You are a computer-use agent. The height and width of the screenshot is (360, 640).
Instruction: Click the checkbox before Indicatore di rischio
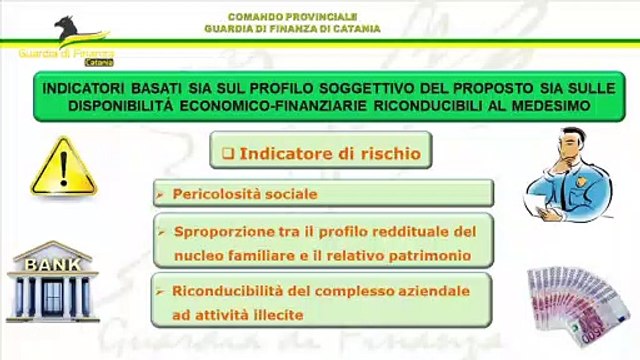pyautogui.click(x=226, y=154)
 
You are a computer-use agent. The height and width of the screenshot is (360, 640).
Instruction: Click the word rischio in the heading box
pyautogui.click(x=377, y=154)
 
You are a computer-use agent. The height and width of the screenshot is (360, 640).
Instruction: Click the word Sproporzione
pyautogui.click(x=225, y=232)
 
